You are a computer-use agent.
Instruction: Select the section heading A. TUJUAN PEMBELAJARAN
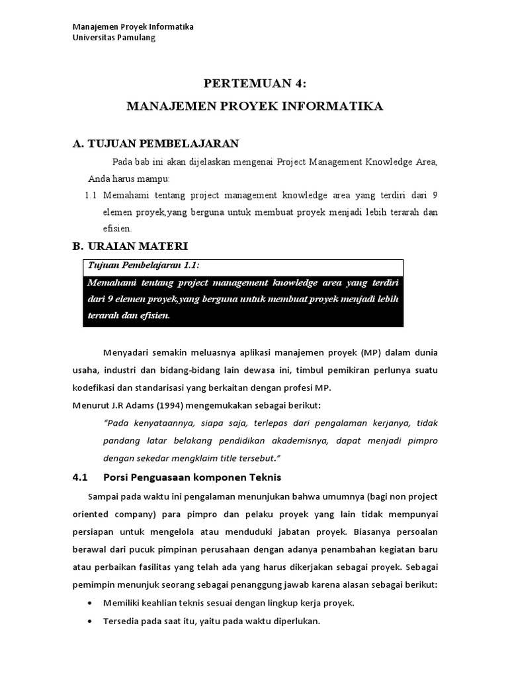pyautogui.click(x=155, y=143)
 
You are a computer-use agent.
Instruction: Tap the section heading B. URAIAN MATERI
pyautogui.click(x=130, y=246)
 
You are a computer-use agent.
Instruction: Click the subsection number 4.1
pyautogui.click(x=79, y=477)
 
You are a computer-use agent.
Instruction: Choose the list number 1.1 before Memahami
pyautogui.click(x=91, y=195)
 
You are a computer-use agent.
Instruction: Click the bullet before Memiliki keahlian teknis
pyautogui.click(x=90, y=603)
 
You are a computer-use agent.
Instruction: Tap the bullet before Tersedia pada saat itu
pyautogui.click(x=90, y=621)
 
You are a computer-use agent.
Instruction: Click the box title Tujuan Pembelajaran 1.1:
pyautogui.click(x=143, y=265)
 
